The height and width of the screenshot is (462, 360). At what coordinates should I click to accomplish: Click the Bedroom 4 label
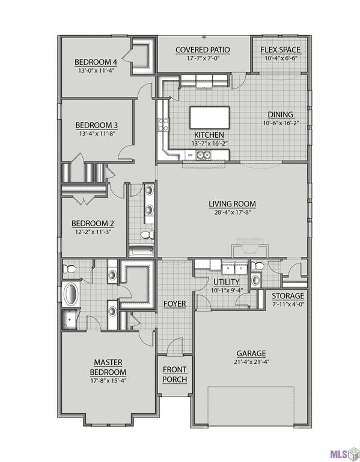[95, 62]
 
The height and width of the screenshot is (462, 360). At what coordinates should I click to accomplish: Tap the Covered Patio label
[201, 50]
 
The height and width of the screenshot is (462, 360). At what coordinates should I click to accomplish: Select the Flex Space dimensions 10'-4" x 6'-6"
[277, 58]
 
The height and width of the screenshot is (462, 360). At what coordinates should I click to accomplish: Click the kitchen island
[210, 115]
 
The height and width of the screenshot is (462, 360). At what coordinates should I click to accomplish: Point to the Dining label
[281, 114]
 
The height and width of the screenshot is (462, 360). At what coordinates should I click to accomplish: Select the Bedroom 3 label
[96, 125]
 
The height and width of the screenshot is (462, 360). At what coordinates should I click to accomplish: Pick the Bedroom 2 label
[93, 223]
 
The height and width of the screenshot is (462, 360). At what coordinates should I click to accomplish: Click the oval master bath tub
[71, 295]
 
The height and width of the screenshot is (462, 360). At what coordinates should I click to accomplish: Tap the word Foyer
[174, 304]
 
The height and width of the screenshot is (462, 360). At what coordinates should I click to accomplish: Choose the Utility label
[227, 282]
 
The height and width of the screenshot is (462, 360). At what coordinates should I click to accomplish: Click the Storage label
[288, 296]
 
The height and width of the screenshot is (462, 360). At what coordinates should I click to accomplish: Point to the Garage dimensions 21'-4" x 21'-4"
[251, 362]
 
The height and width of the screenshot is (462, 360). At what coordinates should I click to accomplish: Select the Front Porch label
[174, 374]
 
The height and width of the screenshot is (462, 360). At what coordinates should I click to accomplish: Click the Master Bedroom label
[108, 366]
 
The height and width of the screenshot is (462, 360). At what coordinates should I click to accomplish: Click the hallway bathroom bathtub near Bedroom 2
[141, 251]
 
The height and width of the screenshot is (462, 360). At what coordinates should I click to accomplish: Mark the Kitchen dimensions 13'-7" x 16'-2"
[209, 143]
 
